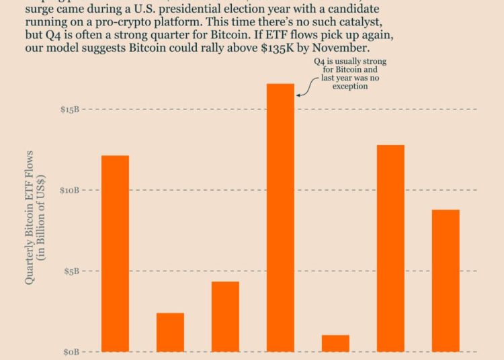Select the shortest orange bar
[335, 343]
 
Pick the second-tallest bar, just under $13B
[390, 248]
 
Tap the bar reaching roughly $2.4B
[170, 332]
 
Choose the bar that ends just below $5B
[225, 316]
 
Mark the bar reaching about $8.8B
[446, 280]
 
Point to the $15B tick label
[69, 109]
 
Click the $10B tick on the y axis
[69, 190]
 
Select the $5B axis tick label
[72, 271]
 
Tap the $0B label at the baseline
[72, 352]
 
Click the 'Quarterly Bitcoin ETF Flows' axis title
[30, 217]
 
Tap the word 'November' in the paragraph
[343, 50]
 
